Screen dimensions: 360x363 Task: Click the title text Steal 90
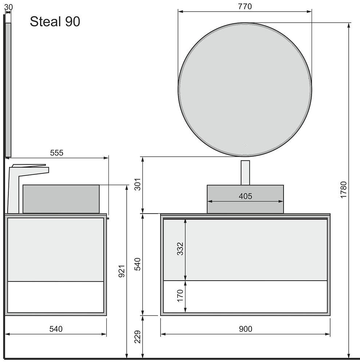(55, 22)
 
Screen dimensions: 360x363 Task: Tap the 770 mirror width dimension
(245, 7)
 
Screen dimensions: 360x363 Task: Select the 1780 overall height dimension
(344, 190)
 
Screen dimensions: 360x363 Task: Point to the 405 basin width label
(245, 196)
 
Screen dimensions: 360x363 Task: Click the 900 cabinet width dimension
(246, 329)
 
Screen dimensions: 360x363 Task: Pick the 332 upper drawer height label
(180, 249)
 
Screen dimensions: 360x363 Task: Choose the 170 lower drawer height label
(180, 296)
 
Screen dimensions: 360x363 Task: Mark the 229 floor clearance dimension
(137, 337)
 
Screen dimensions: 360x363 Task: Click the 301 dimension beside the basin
(137, 184)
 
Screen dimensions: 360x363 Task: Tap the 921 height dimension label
(122, 271)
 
